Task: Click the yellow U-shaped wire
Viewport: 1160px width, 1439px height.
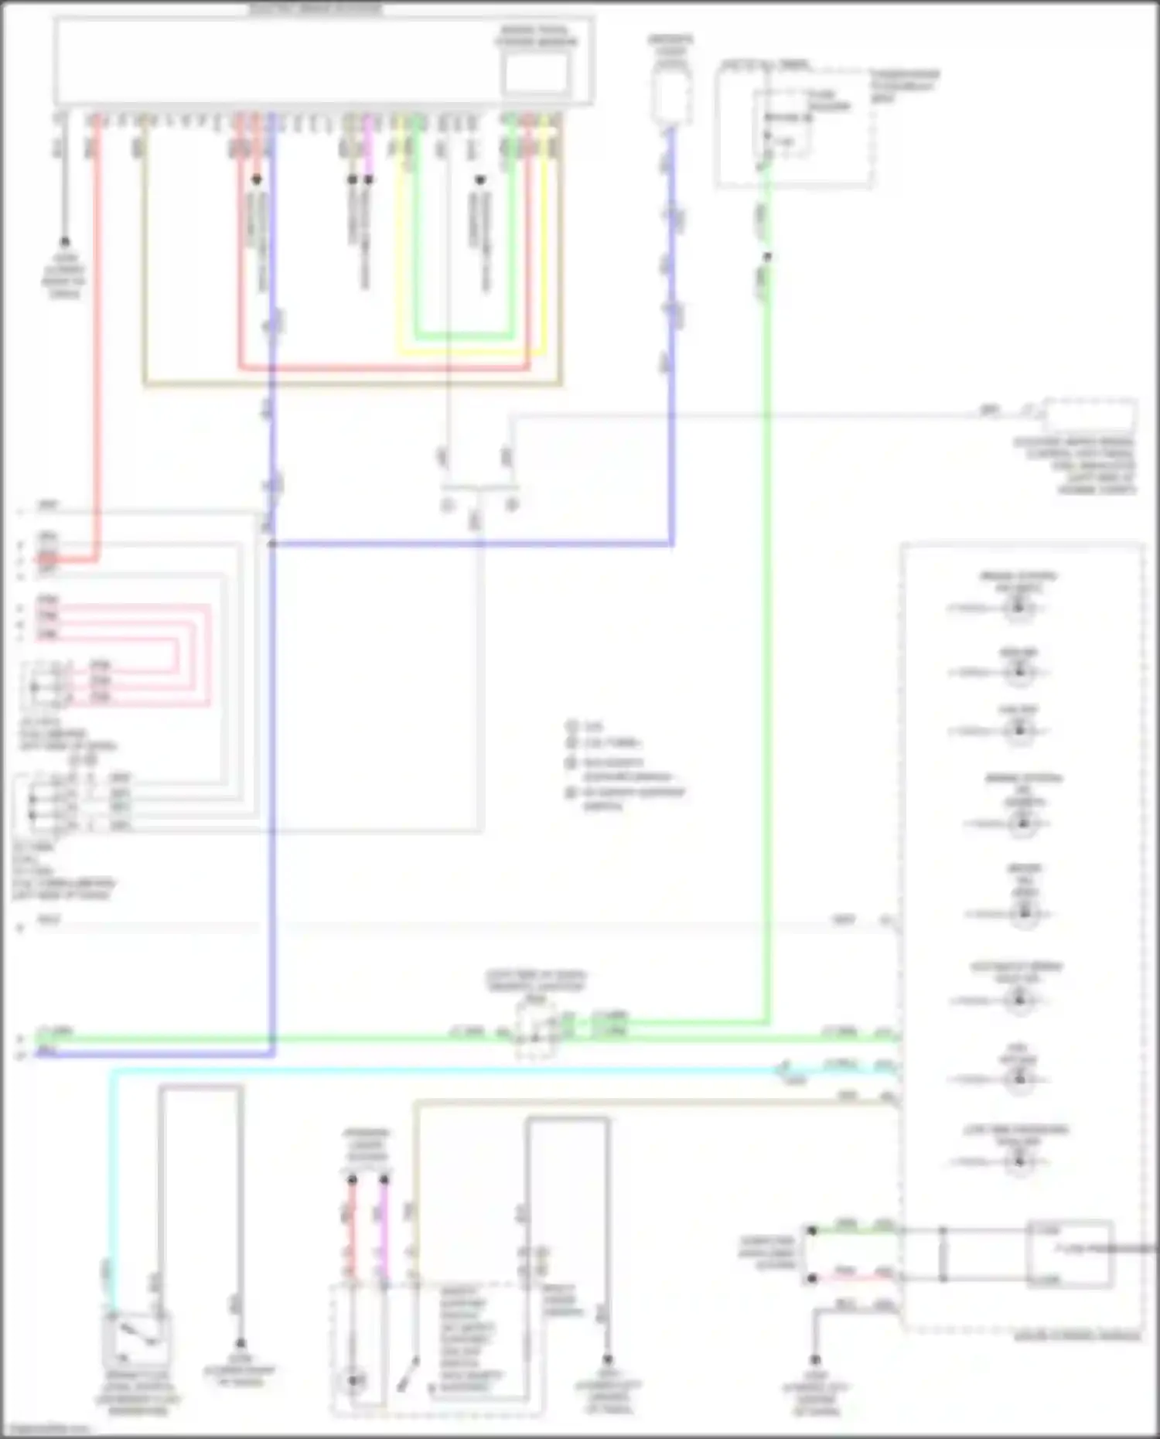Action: point(472,353)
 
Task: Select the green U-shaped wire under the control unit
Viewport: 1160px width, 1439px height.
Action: point(464,336)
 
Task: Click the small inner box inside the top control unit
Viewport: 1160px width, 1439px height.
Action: point(535,73)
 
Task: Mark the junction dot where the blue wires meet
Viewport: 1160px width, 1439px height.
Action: point(272,544)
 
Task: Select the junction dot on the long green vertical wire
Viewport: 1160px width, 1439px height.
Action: point(766,257)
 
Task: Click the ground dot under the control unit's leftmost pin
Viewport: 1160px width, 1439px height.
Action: point(65,242)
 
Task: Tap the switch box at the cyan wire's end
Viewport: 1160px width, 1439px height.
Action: point(136,1340)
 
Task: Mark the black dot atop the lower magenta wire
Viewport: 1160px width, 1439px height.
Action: point(384,1180)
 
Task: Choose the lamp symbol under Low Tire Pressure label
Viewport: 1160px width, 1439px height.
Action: point(1018,1161)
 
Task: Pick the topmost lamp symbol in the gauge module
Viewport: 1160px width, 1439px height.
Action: point(1018,608)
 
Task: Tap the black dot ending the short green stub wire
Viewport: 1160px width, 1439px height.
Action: point(812,1231)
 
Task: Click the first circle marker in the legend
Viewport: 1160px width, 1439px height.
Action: point(572,727)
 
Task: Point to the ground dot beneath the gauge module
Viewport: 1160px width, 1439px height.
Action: point(815,1360)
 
